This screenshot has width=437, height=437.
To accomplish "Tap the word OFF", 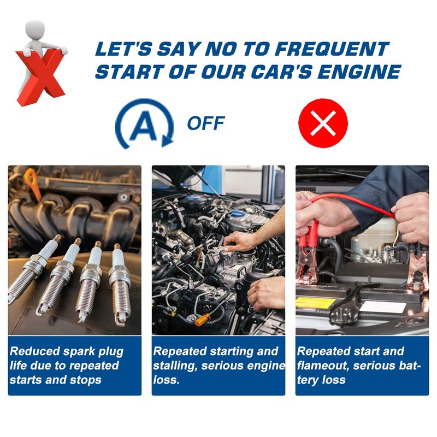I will [205, 123].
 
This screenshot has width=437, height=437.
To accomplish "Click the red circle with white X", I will [323, 123].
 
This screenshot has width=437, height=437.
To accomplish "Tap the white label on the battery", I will [382, 306].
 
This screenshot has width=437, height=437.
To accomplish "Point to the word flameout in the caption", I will [323, 365].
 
